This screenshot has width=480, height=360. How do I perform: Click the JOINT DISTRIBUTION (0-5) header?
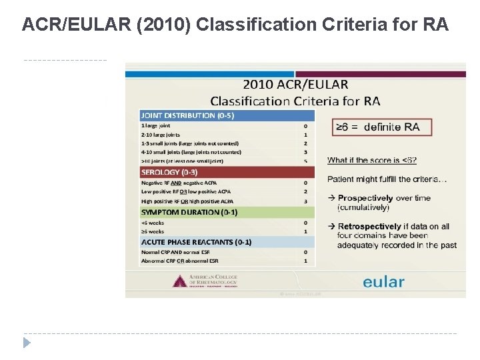187,115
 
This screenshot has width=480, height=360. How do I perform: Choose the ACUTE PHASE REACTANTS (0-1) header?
196,241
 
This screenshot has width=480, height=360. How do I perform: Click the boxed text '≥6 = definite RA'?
382,127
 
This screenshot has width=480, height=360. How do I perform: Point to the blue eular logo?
383,282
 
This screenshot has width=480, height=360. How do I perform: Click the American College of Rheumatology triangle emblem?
179,281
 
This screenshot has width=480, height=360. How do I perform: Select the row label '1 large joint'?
155,125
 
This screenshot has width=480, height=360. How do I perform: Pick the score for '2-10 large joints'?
305,135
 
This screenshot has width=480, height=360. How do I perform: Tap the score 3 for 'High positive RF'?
305,201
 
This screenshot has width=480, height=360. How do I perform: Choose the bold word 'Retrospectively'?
369,227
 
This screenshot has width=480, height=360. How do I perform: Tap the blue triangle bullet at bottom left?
27,343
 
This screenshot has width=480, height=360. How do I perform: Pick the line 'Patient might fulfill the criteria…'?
387,179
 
